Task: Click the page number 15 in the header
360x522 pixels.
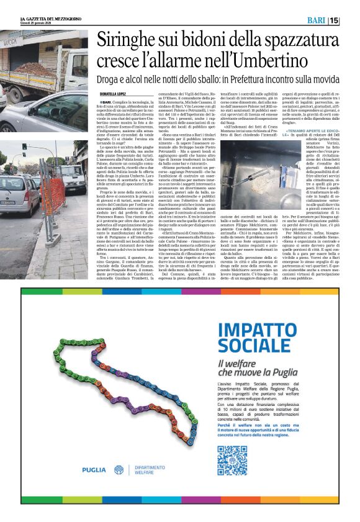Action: tap(351, 20)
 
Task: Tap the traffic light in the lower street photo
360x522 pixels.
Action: tap(24, 150)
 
